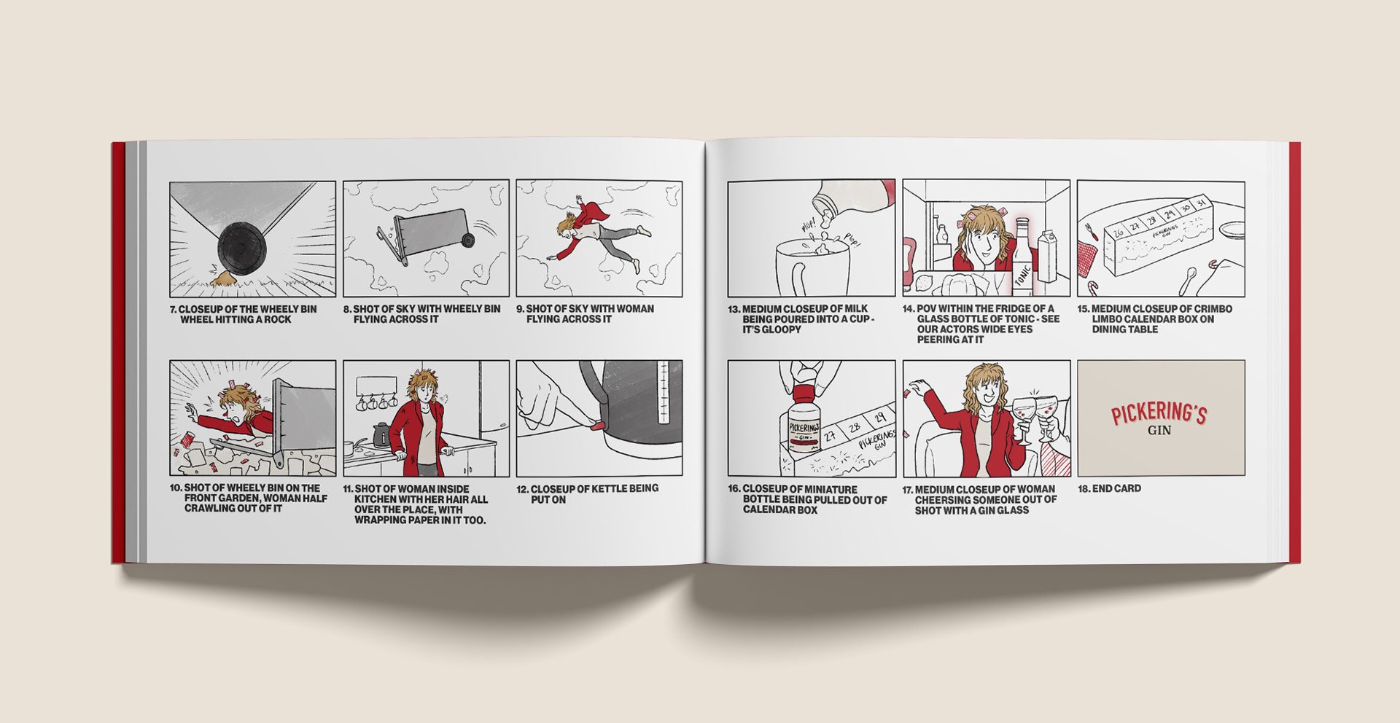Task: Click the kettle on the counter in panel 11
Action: pos(381,435)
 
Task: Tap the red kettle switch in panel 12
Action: pos(597,424)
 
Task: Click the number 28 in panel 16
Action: pos(855,426)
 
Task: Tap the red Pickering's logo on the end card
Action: pos(1159,414)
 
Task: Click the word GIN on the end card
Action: pos(1159,431)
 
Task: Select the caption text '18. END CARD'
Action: pos(1109,488)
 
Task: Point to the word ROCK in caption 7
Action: pos(277,319)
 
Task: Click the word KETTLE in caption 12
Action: pos(607,488)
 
